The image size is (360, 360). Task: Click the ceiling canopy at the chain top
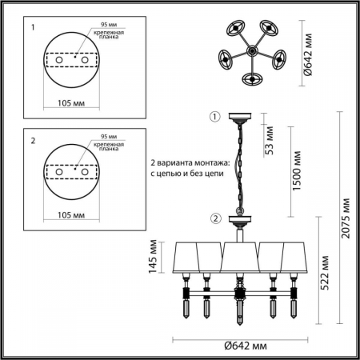(x=238, y=119)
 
